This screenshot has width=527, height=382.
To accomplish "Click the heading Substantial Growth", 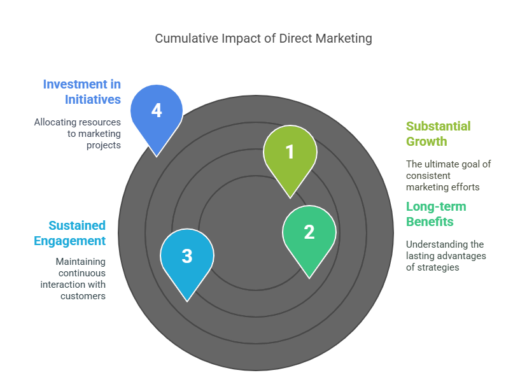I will (438, 134).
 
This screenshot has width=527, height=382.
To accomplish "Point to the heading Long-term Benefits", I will (436, 214).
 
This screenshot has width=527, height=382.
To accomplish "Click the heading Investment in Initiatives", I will (82, 92).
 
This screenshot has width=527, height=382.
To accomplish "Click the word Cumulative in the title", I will (188, 39).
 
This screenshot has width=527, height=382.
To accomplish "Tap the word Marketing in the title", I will (342, 39).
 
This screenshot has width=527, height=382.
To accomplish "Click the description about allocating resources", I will (78, 133).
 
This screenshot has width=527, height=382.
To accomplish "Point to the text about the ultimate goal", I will (448, 175).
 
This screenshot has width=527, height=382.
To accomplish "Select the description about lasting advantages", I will (445, 255).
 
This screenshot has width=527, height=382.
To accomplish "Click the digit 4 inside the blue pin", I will (157, 111).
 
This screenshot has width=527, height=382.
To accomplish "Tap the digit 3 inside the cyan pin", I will (187, 256).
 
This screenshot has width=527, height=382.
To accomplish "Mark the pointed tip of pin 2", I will (309, 278).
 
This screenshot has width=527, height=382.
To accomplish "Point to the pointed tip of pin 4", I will (157, 156).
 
